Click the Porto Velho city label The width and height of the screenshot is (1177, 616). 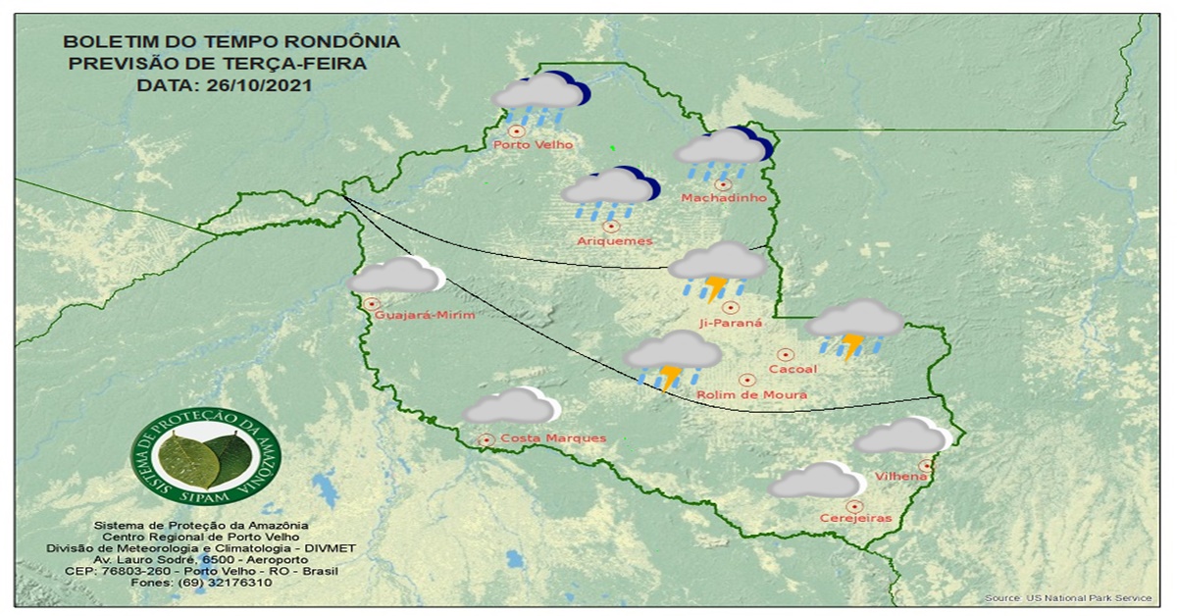(533, 145)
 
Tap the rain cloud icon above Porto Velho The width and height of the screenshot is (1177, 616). (539, 98)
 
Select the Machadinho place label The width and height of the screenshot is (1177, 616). (723, 198)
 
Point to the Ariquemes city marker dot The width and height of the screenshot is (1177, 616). (611, 226)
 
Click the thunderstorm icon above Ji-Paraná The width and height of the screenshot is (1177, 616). (718, 269)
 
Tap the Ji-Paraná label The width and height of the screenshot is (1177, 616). (730, 322)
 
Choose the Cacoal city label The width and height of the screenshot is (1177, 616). (793, 369)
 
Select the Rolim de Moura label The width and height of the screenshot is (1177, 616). (751, 395)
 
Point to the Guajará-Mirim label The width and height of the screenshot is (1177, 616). (425, 315)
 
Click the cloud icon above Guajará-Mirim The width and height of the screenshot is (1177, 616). (396, 276)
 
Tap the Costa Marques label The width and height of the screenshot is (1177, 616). (552, 437)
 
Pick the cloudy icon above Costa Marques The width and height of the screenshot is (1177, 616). (511, 406)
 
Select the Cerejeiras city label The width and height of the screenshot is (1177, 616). (855, 519)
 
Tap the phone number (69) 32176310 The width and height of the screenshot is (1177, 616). (201, 583)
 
